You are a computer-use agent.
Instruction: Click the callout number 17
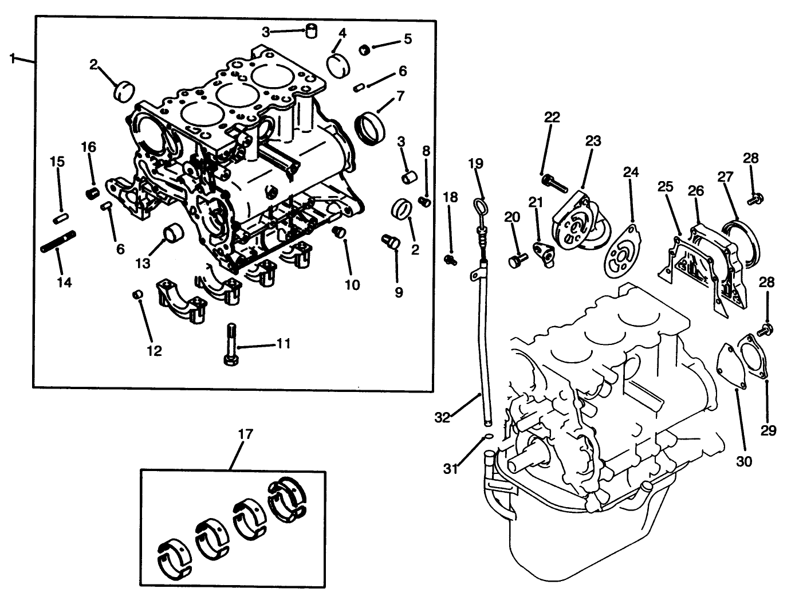(x=245, y=434)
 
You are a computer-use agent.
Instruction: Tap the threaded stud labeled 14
(x=58, y=241)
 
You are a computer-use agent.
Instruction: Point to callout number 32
(x=442, y=417)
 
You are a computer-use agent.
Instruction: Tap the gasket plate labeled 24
(x=623, y=252)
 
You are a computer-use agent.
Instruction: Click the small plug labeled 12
(x=137, y=295)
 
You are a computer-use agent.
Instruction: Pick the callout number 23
(x=593, y=140)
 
